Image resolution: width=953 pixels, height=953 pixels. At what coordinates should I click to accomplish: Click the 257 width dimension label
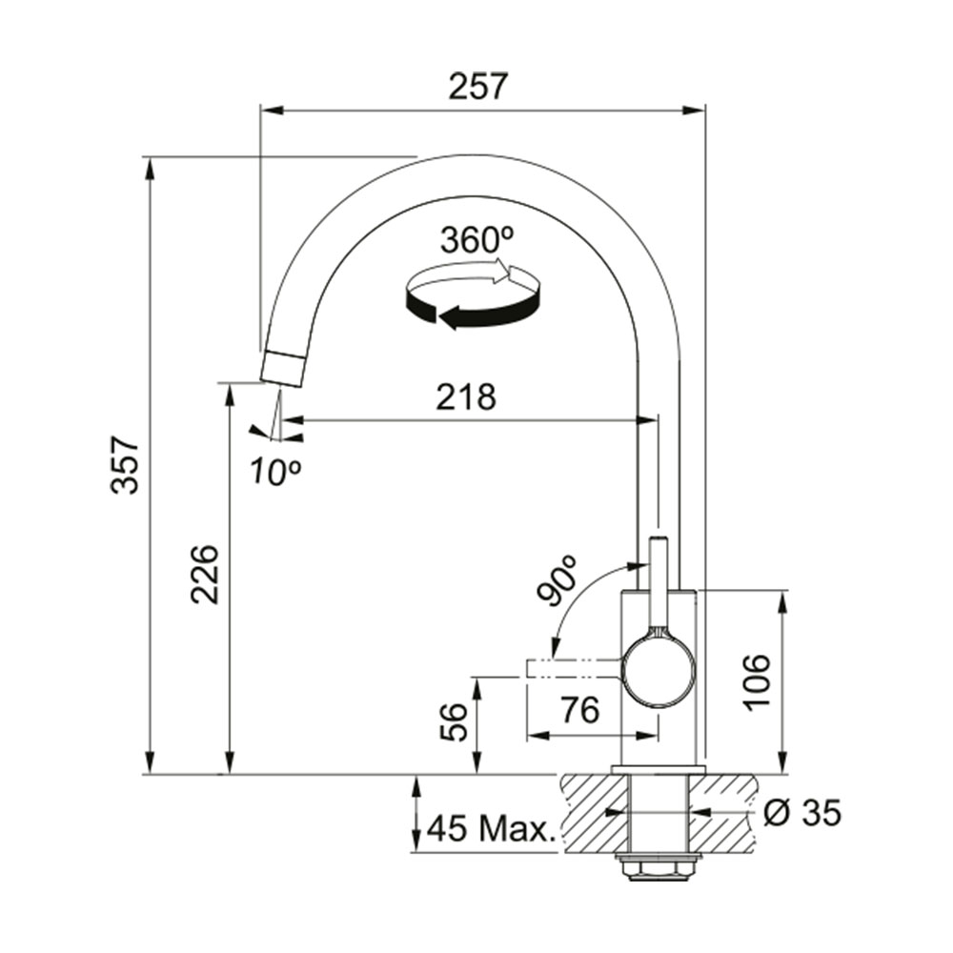point(477,87)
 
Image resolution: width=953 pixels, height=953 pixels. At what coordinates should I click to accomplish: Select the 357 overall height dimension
point(126,464)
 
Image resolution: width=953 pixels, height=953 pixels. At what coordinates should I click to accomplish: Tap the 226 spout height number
point(204,574)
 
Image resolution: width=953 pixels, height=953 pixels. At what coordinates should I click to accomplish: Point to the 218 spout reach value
point(466,396)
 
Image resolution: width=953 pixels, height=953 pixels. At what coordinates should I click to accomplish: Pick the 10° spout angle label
point(274,471)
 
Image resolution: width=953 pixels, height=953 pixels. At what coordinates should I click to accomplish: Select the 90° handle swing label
point(558,579)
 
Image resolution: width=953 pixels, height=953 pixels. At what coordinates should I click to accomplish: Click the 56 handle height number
point(454,722)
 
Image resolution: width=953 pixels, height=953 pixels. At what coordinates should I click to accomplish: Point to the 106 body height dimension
point(757,681)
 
